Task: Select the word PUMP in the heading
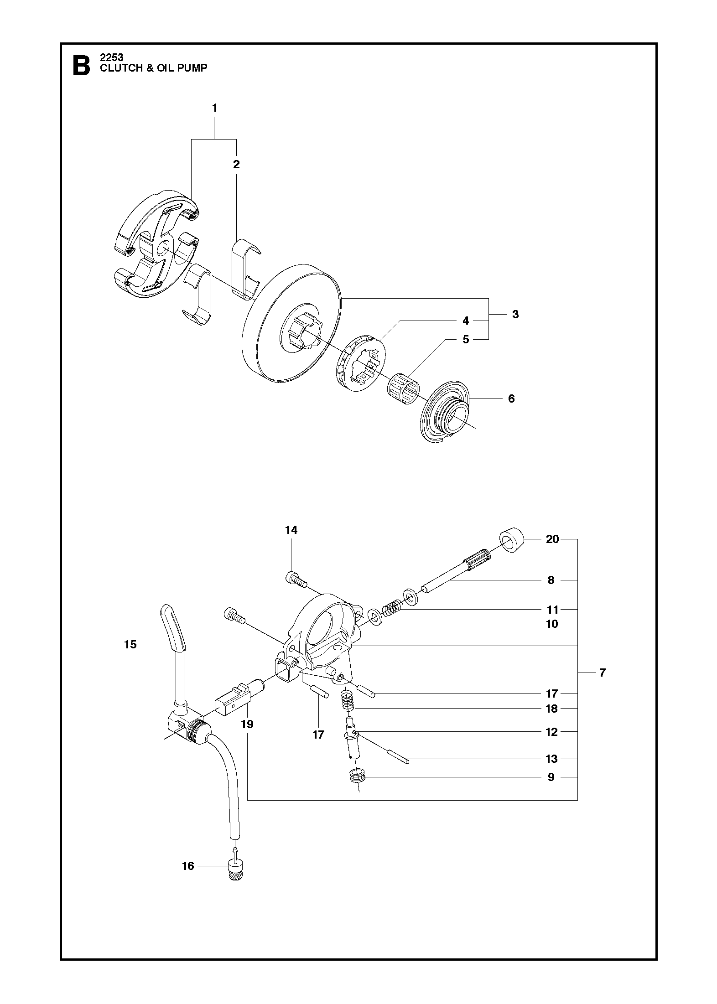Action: click(193, 68)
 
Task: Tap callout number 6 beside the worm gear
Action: click(511, 398)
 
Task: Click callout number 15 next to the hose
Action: click(130, 644)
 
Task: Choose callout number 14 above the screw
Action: click(291, 530)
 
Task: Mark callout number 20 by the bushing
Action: click(552, 539)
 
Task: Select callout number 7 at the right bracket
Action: click(603, 673)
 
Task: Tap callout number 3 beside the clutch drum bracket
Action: click(515, 314)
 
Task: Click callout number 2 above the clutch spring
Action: click(236, 164)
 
